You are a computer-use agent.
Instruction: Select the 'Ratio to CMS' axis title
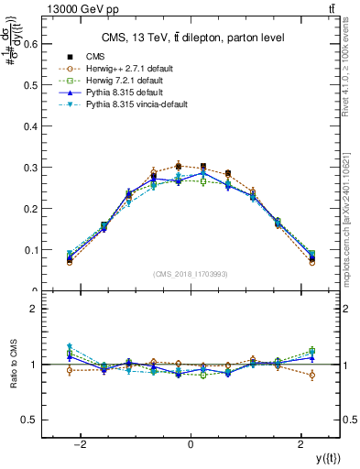12,365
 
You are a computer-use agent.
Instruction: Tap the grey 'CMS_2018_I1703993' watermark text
190,274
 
